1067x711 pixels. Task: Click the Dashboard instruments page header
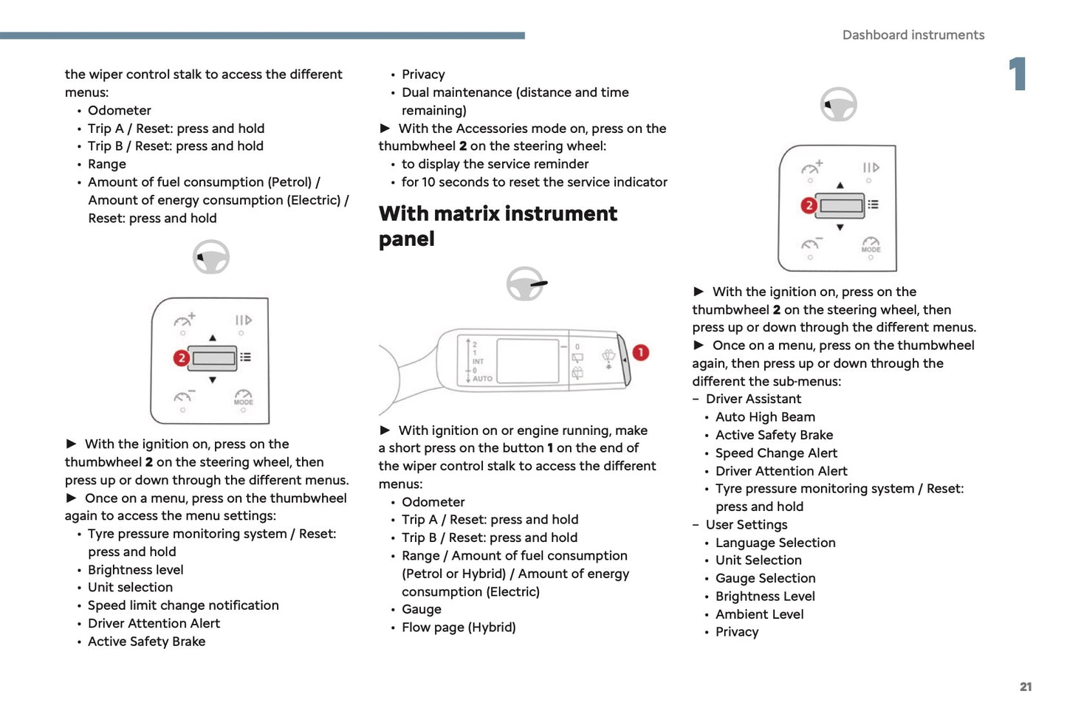coord(913,35)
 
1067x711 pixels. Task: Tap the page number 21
coord(1026,687)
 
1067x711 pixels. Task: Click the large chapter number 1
coord(1018,74)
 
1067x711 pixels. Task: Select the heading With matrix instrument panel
coord(498,226)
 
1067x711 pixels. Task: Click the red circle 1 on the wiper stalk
coord(640,353)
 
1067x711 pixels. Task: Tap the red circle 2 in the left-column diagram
coord(181,358)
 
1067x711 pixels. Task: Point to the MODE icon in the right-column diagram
coord(871,245)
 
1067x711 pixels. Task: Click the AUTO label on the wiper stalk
coord(482,379)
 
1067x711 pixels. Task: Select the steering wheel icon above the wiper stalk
coord(526,284)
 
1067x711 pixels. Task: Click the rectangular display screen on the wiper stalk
coord(527,361)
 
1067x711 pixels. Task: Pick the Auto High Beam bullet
coord(765,417)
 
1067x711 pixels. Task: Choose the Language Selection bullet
coord(775,543)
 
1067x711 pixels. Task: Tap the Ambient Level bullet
coord(759,614)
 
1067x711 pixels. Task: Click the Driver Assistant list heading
coord(753,399)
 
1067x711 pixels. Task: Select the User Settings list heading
coord(747,525)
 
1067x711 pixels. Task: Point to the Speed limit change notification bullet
coord(183,605)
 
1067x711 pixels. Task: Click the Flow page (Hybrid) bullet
coord(459,628)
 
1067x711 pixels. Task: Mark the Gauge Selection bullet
coord(765,579)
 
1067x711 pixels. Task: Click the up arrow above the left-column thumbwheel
coord(213,337)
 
